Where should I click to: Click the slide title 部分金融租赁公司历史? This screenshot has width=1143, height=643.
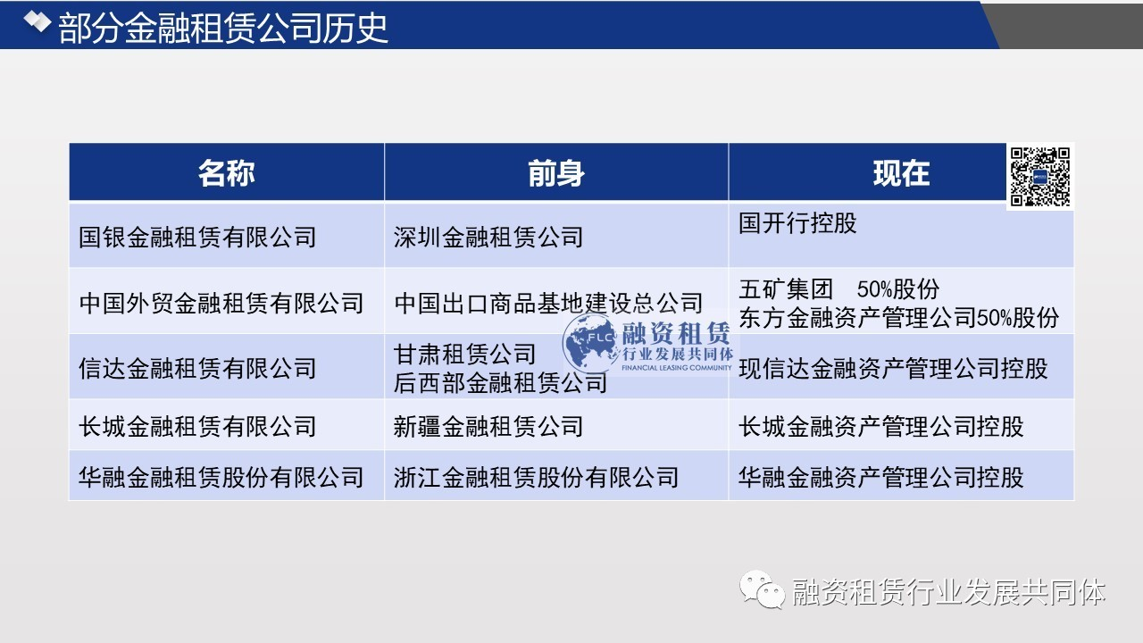point(223,28)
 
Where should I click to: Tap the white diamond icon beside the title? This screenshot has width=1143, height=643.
point(38,21)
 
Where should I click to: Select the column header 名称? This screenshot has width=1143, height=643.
point(227,173)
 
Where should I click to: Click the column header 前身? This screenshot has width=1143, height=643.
point(556,173)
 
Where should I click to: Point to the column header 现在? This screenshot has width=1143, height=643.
point(901,173)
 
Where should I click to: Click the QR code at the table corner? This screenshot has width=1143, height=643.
point(1040,177)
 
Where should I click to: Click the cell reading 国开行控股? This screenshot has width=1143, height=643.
point(797,223)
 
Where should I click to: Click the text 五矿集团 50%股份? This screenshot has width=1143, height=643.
point(838,288)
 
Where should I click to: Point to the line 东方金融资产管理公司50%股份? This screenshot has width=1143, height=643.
point(898,317)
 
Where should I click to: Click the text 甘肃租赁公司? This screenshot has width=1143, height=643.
point(464,355)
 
